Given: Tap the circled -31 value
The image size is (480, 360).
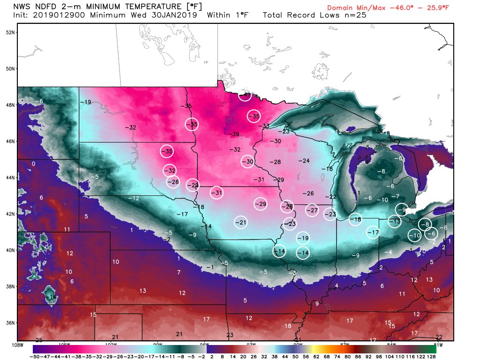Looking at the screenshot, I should pos(217,193).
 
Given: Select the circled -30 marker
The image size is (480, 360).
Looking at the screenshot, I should pos(248,162).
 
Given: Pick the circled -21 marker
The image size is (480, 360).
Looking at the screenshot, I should pos(241,222).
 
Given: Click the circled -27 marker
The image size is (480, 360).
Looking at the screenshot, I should pos(312,210).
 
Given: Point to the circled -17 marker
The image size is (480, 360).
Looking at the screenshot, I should pos(373,232).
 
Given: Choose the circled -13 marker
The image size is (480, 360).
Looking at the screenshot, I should pos(395,221).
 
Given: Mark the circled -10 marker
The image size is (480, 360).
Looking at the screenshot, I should pos(415,235).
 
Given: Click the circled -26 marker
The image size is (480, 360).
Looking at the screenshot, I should pos(173,182).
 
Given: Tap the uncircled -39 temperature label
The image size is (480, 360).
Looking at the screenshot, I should pos(234,135).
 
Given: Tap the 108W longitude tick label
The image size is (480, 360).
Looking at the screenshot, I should pos(18,345).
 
